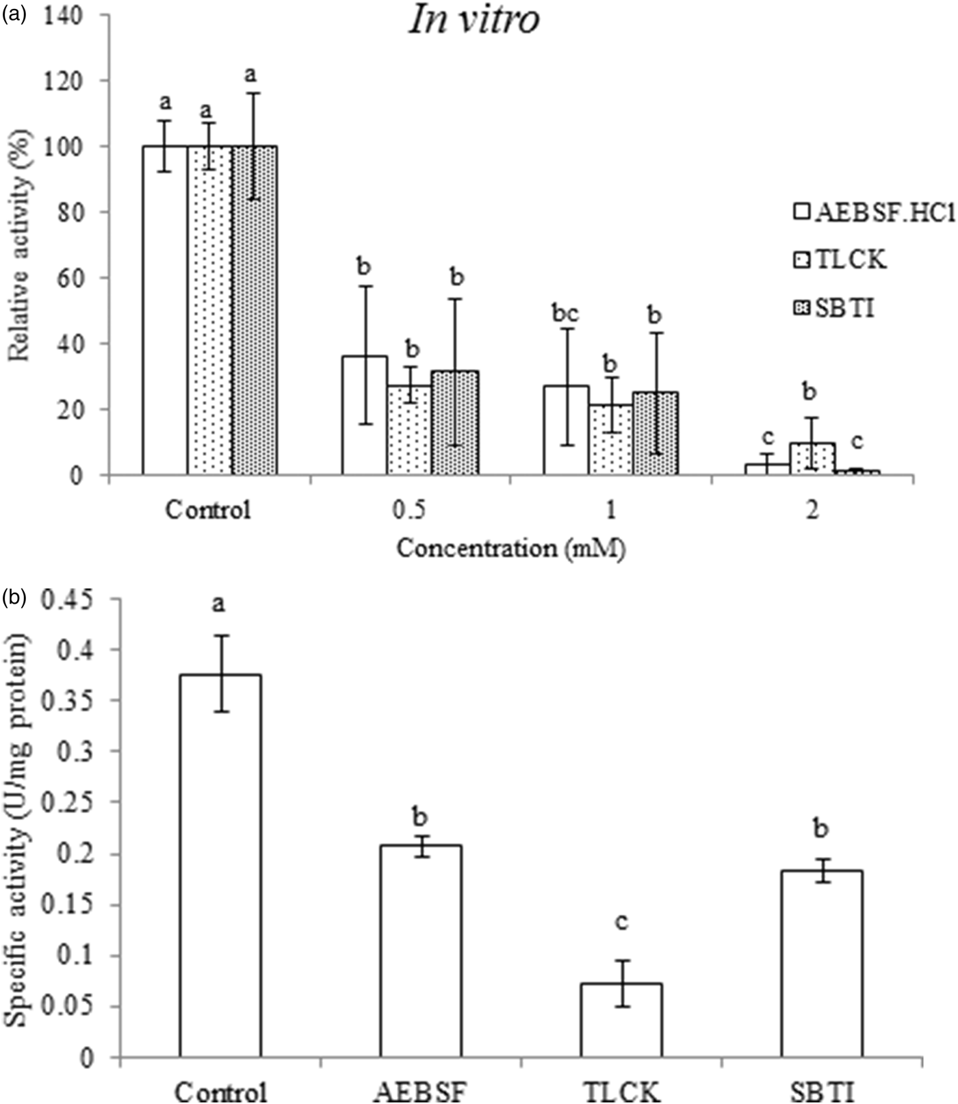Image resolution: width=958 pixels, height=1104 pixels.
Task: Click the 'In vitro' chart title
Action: click(x=474, y=21)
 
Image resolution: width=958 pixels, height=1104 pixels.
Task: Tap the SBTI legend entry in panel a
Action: click(x=834, y=309)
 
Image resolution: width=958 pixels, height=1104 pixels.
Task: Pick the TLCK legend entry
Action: click(x=841, y=260)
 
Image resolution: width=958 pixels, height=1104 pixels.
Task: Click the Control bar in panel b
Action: click(x=220, y=866)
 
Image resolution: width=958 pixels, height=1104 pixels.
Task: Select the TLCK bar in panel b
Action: click(x=621, y=1020)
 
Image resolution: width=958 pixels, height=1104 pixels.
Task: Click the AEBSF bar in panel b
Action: click(x=421, y=951)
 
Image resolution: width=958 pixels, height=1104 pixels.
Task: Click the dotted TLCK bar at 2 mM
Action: click(x=812, y=459)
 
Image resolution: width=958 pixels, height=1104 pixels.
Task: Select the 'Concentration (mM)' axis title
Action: click(x=512, y=549)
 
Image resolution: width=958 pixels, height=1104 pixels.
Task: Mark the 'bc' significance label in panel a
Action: click(x=565, y=313)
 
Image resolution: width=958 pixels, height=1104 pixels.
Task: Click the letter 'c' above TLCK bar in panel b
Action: click(x=621, y=923)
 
